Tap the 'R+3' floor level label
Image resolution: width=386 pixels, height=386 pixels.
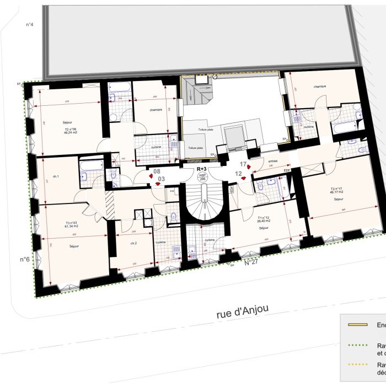(201, 169)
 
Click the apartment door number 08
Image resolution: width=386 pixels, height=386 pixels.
(157, 171)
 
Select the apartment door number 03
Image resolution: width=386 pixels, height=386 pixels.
(161, 179)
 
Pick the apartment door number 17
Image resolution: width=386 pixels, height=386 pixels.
(243, 164)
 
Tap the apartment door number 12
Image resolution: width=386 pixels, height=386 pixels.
(239, 173)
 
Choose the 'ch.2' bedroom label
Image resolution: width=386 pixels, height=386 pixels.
(133, 243)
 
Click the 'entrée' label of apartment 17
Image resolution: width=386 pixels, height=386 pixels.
(272, 162)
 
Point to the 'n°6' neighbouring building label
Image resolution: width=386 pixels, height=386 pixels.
(25, 259)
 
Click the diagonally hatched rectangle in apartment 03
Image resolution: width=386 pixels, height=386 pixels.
(109, 197)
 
